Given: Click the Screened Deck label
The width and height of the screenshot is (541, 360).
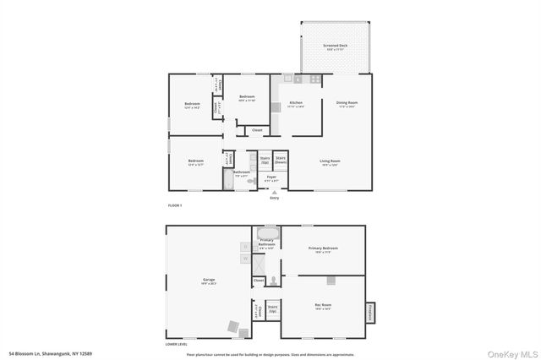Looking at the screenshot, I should point(336,46).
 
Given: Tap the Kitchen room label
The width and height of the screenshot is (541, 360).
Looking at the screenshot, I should point(296,105).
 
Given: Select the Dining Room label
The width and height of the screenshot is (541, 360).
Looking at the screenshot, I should point(347,105).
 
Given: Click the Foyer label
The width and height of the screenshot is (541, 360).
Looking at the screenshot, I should point(271,178).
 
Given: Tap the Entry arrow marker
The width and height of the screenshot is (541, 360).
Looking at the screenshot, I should point(274,194).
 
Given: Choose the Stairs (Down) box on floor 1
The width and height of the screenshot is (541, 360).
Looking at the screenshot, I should point(281,160).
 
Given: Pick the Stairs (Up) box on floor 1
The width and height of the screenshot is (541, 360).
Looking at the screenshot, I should point(265,160).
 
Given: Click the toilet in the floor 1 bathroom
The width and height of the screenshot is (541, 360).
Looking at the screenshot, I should point(250,180).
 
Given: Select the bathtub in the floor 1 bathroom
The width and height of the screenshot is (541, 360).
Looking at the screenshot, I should point(229,180).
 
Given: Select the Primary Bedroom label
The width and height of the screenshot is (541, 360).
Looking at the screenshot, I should point(323,248).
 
